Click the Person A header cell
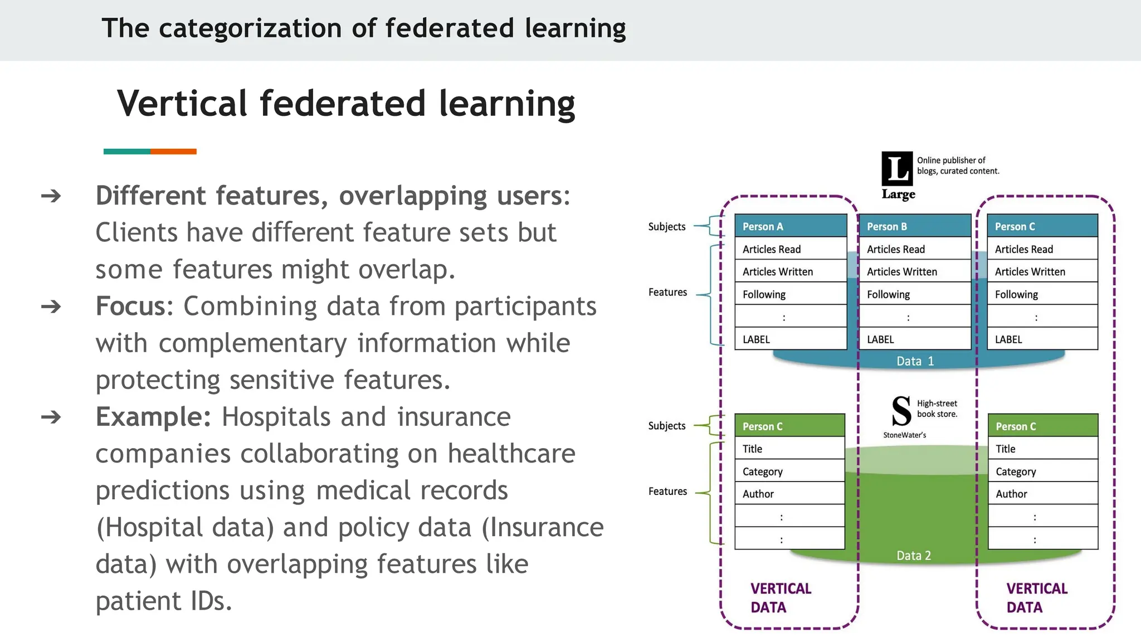coord(790,226)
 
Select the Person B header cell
coord(914,226)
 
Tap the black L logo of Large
coord(897,168)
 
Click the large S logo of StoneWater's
coord(901,411)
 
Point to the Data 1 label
coord(915,361)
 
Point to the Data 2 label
coord(914,556)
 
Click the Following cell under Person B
coord(914,294)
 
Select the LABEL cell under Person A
coord(790,339)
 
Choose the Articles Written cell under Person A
coord(790,271)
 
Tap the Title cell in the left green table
coord(789,449)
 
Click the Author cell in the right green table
coord(1042,494)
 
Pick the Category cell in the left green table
coord(789,471)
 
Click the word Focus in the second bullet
coord(131,307)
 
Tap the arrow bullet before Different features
coord(51,196)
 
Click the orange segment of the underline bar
coord(173,152)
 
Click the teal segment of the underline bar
coord(126,152)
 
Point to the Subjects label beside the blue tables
coord(666,227)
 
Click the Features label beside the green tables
coord(667,492)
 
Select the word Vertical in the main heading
coord(182,104)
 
